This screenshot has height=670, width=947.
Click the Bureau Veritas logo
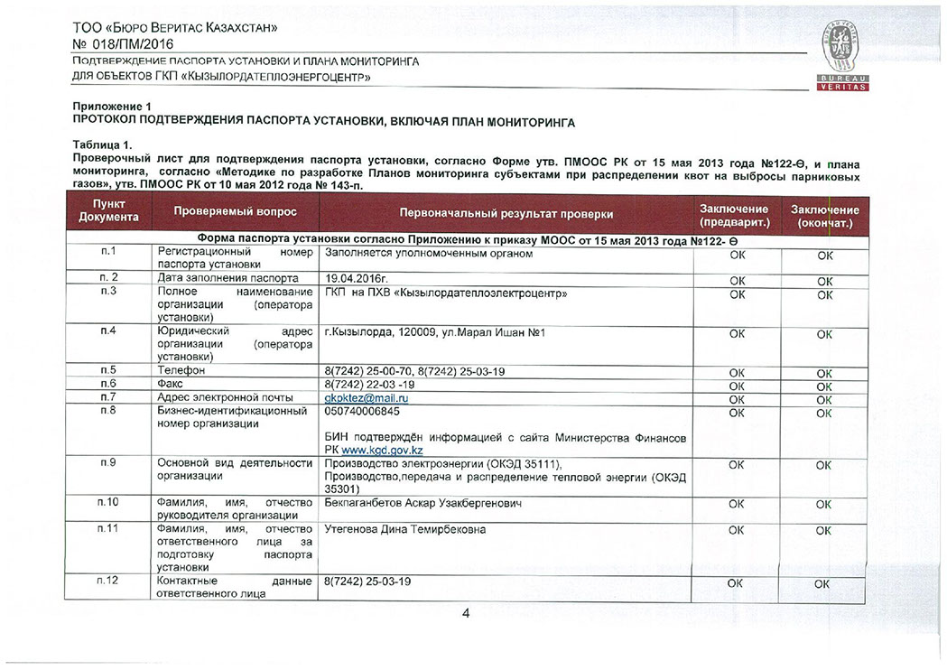[843, 59]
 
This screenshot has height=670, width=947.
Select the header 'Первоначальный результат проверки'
[506, 213]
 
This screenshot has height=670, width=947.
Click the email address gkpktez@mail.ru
[367, 397]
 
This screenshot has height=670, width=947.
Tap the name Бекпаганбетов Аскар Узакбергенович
[422, 502]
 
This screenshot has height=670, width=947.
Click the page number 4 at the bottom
[466, 614]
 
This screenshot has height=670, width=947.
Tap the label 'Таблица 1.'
[102, 144]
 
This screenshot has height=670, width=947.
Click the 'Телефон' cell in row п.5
[181, 370]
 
